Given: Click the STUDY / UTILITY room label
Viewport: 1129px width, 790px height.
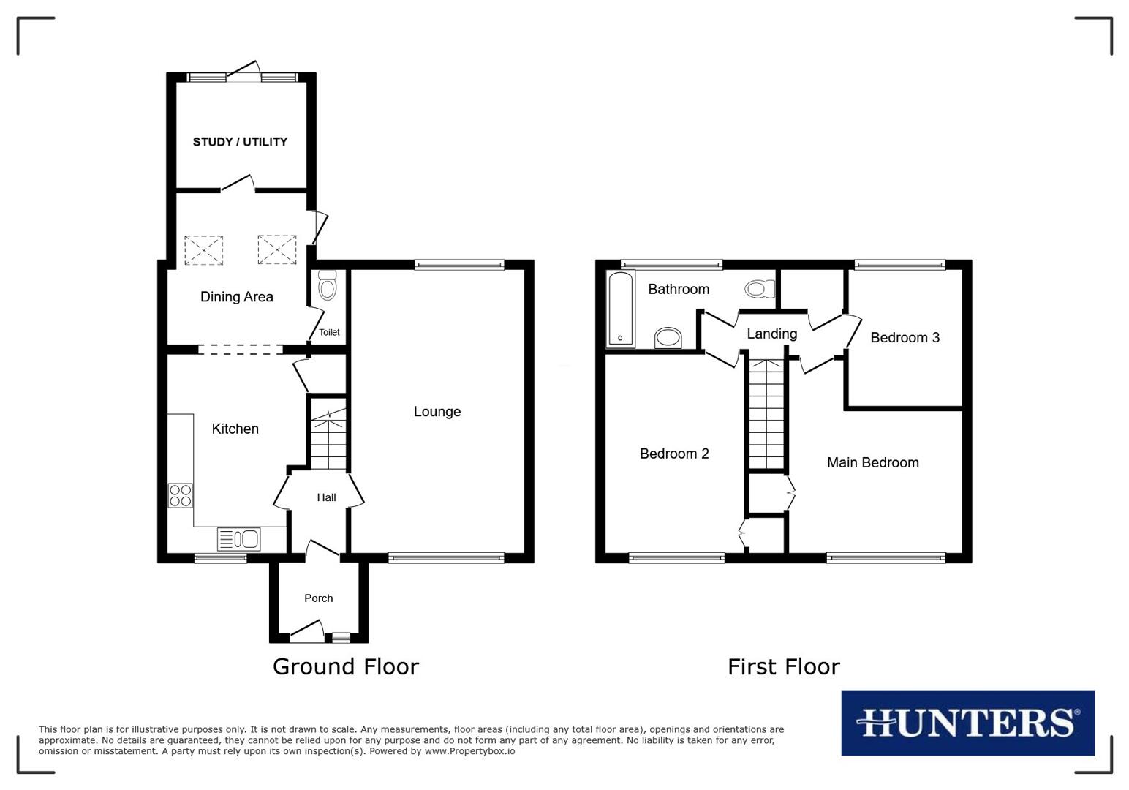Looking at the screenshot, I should [240, 142].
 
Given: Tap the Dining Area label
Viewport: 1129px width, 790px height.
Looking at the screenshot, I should [237, 297].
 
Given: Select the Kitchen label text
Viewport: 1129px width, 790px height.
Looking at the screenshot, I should [235, 429].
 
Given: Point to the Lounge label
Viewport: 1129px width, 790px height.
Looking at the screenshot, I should [437, 412].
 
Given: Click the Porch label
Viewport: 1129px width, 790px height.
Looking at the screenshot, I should [318, 598].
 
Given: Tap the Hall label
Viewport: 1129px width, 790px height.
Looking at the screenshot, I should [326, 497].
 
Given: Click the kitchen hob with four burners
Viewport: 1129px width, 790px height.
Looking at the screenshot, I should [181, 496].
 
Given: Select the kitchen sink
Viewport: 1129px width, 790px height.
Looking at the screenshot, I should [239, 540].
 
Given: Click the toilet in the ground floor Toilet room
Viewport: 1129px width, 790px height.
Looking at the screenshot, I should [327, 286].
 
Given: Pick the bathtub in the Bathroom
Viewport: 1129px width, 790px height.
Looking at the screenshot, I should [621, 309].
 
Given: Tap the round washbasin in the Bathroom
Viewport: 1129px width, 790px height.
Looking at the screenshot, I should [668, 338].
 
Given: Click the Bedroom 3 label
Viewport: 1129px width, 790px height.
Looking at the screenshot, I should [905, 338].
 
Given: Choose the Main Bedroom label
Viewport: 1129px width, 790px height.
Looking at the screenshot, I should [872, 462].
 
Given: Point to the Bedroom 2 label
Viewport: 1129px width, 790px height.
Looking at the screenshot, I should [674, 454].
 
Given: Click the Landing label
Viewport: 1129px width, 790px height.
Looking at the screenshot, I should [771, 334].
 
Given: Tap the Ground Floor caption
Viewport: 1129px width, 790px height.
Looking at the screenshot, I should [345, 666].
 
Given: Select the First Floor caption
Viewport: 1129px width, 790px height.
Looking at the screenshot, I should [783, 666].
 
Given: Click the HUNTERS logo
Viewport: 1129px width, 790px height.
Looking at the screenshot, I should [967, 723].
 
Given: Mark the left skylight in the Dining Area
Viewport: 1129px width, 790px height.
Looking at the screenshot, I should [203, 250].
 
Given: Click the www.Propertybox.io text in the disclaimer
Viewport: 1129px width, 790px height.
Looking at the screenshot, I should [469, 751].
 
